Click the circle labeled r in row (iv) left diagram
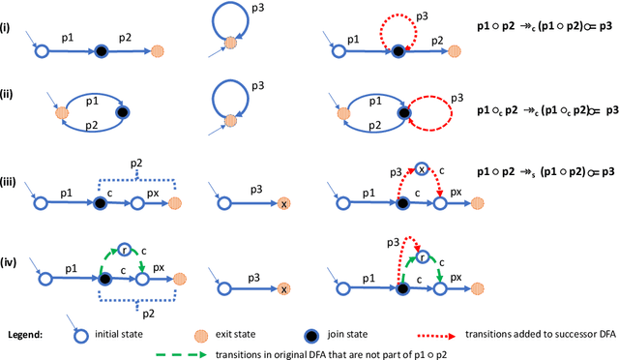pyautogui.click(x=125, y=250)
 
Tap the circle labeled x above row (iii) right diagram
pyautogui.click(x=423, y=170)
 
